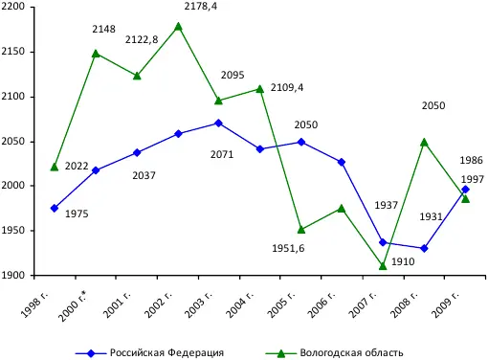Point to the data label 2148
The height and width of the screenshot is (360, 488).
click(103, 30)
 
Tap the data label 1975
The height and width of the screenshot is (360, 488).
click(77, 213)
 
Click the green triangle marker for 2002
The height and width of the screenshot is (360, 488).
click(178, 26)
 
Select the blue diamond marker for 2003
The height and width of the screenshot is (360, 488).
click(219, 123)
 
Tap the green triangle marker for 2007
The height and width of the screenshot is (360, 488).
click(383, 266)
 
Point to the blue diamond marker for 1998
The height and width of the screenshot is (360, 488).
click(55, 208)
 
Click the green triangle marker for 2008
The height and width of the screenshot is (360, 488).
click(424, 142)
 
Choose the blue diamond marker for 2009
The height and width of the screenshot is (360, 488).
click(465, 189)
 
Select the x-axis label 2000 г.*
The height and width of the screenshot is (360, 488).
click(84, 304)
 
